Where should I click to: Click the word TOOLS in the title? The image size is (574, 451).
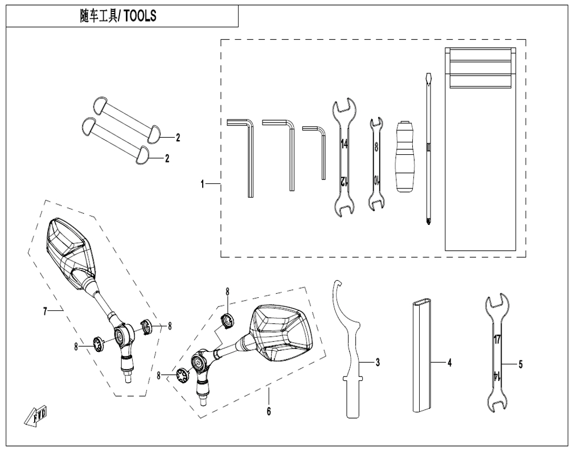coord(140,16)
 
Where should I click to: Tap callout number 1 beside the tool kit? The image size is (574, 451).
coord(202,184)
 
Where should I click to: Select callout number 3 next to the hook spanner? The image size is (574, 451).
coord(378,362)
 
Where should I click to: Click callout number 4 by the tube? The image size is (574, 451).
coord(449,363)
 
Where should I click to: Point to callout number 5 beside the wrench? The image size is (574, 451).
coord(520,364)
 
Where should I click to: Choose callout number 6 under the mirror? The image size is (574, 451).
coord(269,412)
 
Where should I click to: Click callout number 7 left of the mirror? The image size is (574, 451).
coord(45,311)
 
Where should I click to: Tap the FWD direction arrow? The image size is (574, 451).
coord(35,416)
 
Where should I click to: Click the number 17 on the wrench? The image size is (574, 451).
coord(497,339)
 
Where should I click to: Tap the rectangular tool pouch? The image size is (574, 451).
coord(480,149)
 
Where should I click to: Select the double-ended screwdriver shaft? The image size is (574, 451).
coord(428,150)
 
